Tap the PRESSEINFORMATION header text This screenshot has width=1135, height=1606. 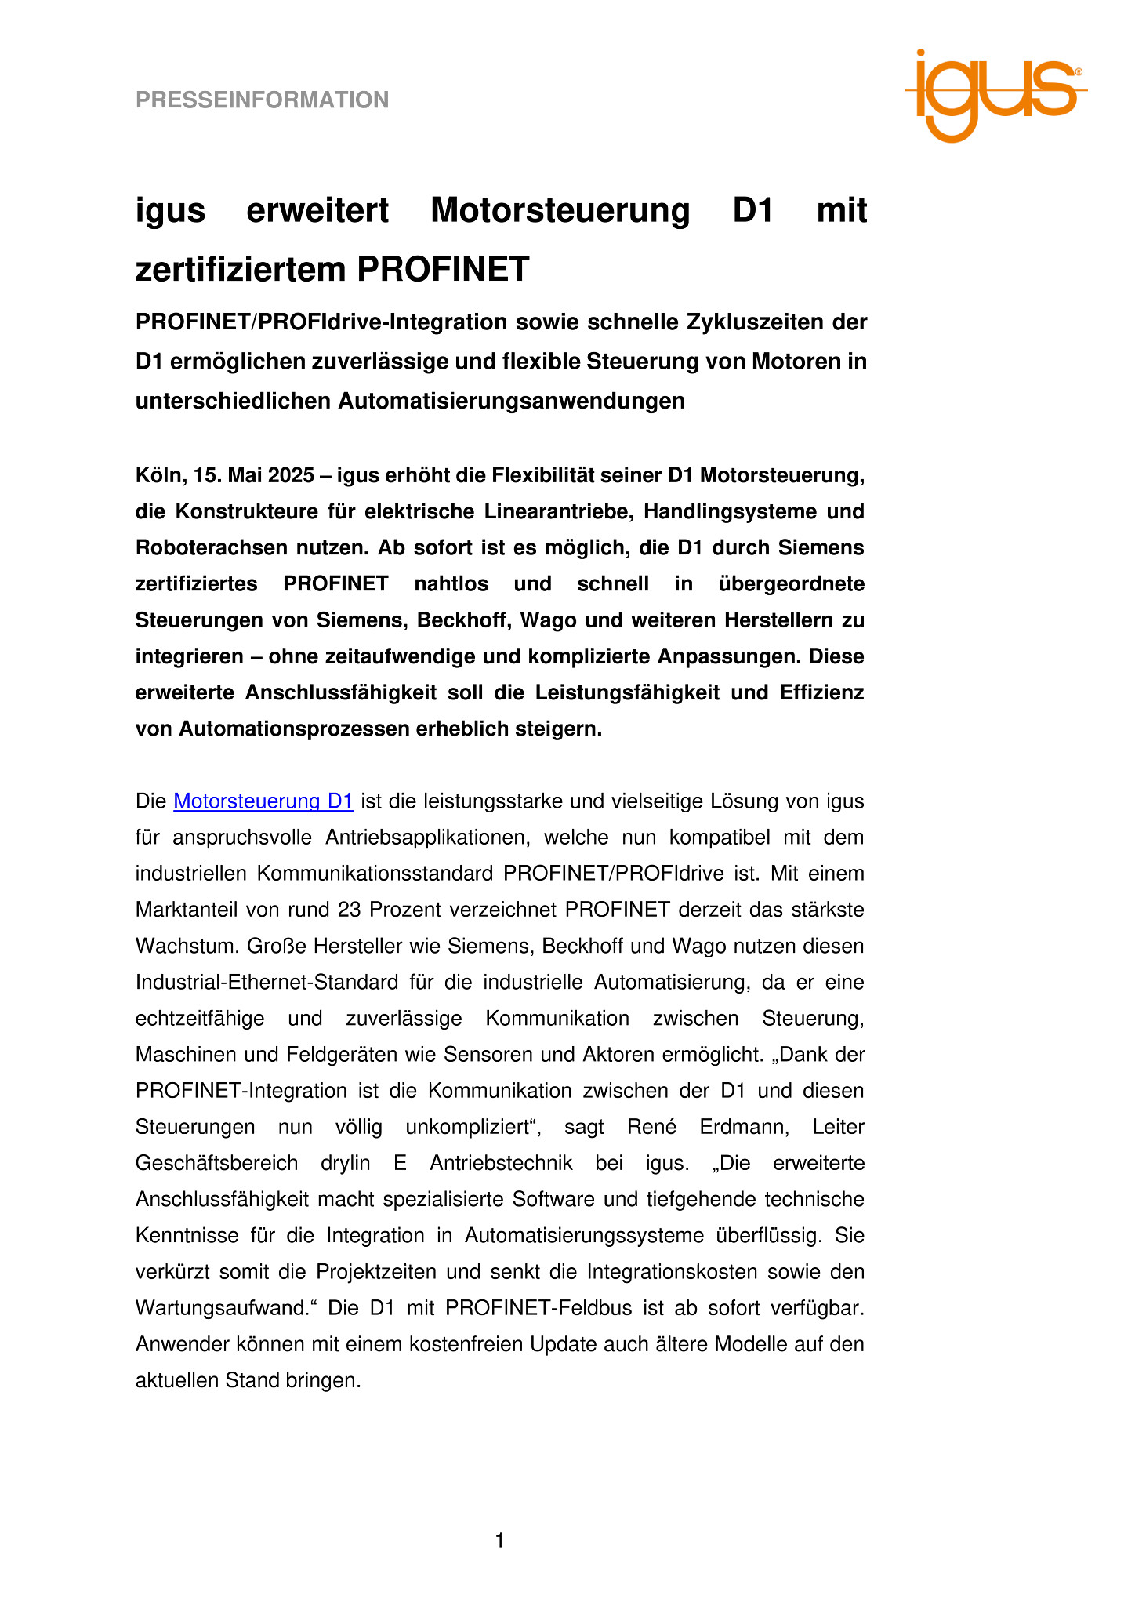tap(262, 100)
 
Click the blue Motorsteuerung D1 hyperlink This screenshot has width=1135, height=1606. tap(263, 801)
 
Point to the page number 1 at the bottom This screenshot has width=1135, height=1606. tap(500, 1541)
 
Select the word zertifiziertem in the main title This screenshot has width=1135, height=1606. tap(241, 270)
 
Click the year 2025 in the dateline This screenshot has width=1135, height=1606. tap(292, 475)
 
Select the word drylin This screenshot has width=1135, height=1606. tap(345, 1163)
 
